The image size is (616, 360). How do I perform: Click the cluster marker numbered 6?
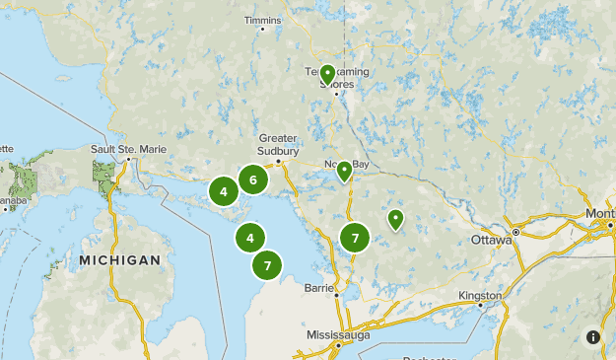pos(253,180)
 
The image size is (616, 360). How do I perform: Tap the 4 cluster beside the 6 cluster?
pos(224,191)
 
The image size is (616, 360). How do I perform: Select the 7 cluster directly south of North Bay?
pos(354,237)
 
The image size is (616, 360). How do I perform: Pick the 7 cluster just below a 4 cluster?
pos(267,264)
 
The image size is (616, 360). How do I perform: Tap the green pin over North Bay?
pos(344,172)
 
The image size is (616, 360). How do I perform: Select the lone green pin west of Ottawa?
pos(395,219)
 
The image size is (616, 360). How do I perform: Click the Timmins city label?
pos(263,19)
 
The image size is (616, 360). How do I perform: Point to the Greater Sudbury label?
pos(277,143)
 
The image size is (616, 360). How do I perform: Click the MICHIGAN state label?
pos(120,260)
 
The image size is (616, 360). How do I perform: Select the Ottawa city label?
pos(490,240)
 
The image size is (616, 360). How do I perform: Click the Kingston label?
pos(480,295)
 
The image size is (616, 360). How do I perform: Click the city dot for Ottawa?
pos(514,235)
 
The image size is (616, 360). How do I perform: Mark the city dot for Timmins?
pos(262,29)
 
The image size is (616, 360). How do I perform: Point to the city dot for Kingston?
pos(480,305)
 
